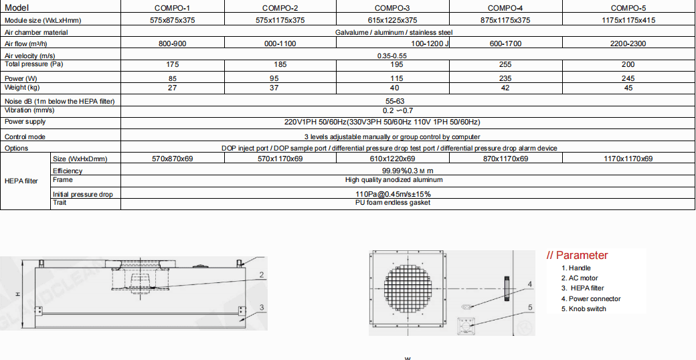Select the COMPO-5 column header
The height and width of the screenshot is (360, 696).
[x=628, y=8]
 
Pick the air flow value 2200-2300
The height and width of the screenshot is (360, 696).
[x=628, y=44]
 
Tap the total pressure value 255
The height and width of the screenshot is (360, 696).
[x=505, y=65]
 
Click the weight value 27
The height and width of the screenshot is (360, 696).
[x=172, y=88]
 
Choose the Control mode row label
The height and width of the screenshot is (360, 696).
[x=25, y=137]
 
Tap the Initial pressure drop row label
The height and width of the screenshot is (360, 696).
[x=83, y=195]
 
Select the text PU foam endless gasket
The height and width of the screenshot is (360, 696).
[x=392, y=202]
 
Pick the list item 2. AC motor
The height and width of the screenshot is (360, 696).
[x=580, y=278]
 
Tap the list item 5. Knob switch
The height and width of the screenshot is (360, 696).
[x=584, y=309]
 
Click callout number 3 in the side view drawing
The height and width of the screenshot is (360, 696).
[x=262, y=307]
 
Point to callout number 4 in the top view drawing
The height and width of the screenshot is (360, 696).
[x=529, y=284]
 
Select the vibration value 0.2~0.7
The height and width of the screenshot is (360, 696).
[x=398, y=110]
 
